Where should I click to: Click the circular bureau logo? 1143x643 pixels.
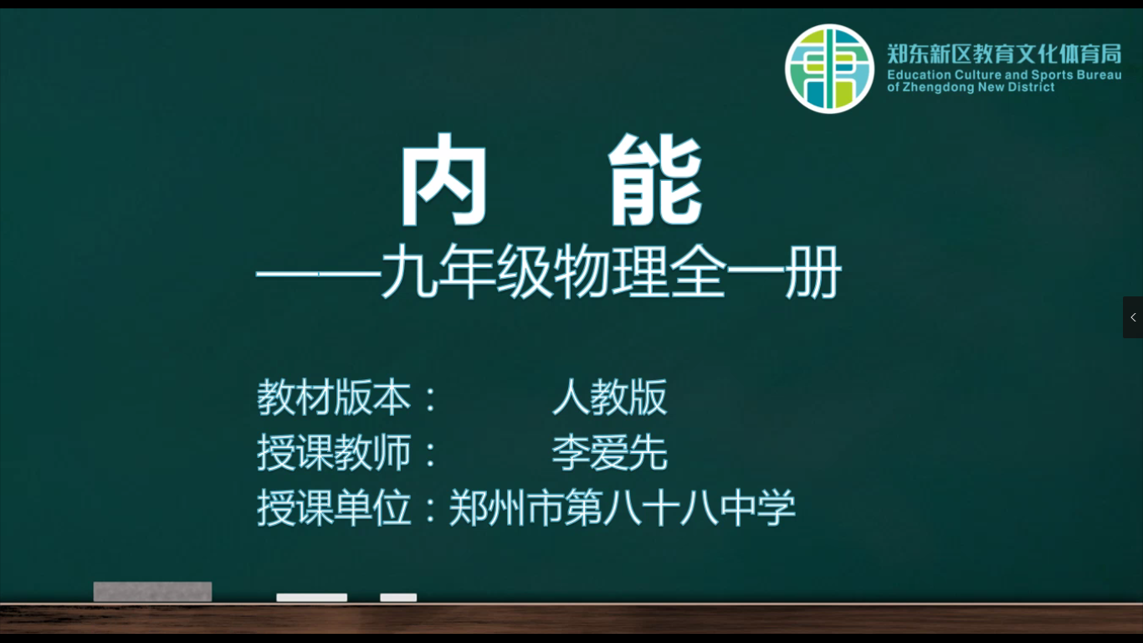[829, 69]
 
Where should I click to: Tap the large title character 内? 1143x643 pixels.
[443, 179]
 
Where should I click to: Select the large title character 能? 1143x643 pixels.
[655, 179]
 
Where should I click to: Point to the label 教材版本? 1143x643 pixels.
[334, 398]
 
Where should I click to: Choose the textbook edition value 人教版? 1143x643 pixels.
[610, 398]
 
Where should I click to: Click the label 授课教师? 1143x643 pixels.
[334, 452]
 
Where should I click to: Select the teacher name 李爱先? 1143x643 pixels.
[610, 452]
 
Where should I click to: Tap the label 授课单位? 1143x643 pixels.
[334, 507]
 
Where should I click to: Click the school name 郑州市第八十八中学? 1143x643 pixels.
[622, 507]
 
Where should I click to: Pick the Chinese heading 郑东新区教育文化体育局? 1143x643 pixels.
[1004, 54]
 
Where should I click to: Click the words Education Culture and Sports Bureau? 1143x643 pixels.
[1004, 75]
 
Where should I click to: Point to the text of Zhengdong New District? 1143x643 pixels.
[971, 87]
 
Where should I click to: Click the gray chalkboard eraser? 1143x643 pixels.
[152, 592]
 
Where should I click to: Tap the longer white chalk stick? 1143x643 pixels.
[312, 598]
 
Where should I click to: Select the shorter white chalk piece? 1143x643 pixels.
[398, 598]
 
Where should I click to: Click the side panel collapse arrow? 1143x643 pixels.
[1133, 317]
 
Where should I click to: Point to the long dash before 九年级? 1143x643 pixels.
[319, 275]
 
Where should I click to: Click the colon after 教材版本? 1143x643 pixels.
[431, 399]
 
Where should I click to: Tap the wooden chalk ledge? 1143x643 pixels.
[571, 619]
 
